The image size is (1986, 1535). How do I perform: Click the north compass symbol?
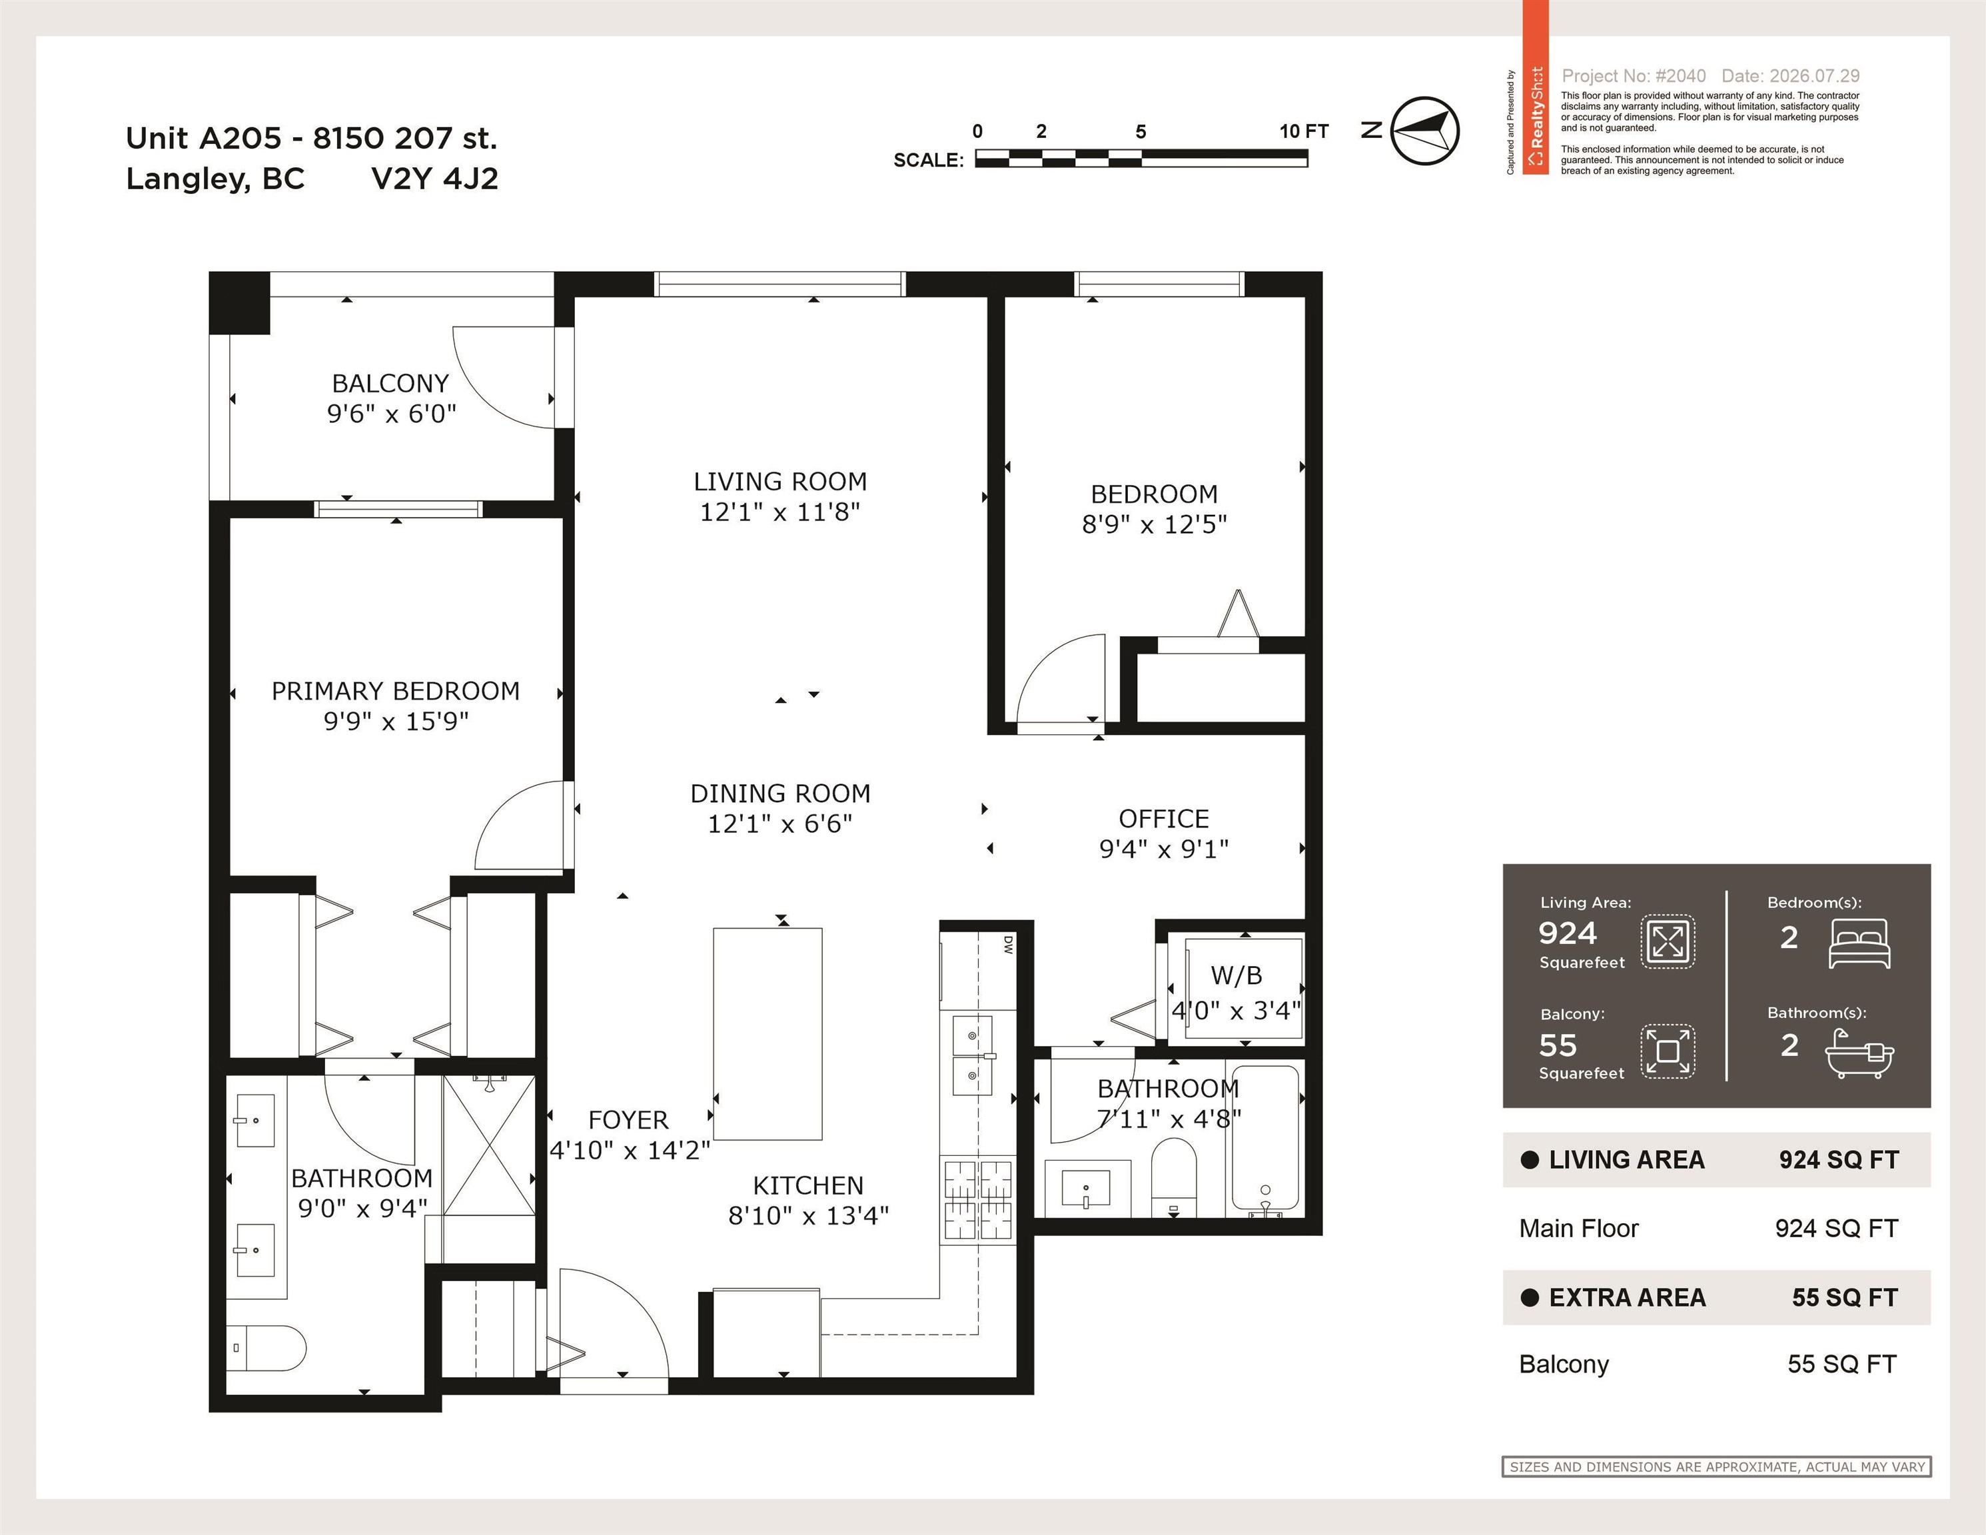point(1425,131)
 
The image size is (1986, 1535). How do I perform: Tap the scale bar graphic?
point(1141,158)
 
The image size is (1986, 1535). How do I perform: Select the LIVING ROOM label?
point(780,481)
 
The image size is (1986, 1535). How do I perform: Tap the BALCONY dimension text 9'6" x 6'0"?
point(392,414)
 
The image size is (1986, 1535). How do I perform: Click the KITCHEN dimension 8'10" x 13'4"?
point(808,1216)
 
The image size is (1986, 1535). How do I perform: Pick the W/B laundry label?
point(1237,976)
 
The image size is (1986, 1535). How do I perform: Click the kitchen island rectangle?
point(767,1034)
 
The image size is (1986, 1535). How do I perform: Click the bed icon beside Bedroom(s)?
point(1859,943)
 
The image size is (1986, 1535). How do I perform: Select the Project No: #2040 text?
point(1633,77)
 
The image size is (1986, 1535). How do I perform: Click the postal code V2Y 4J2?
point(434,179)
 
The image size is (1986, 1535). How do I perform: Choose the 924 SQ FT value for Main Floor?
point(1836,1229)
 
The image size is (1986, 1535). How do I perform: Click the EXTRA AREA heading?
point(1627,1298)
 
